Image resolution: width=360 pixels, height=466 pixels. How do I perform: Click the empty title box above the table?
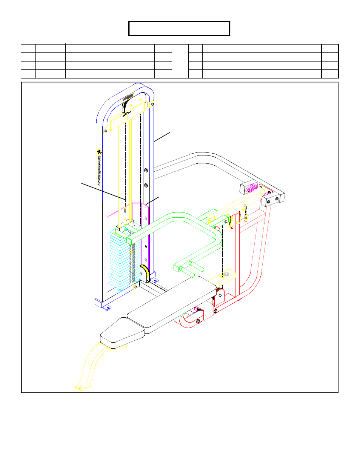[179, 28]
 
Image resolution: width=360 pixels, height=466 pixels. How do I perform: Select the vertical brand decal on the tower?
[100, 168]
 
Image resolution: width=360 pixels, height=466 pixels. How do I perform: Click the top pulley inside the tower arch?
[128, 102]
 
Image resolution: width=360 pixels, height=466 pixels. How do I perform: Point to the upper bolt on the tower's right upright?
[146, 171]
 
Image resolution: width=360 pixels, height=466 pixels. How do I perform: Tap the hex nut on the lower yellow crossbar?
[226, 274]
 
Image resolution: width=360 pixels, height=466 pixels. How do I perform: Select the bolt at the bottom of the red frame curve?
[198, 321]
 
